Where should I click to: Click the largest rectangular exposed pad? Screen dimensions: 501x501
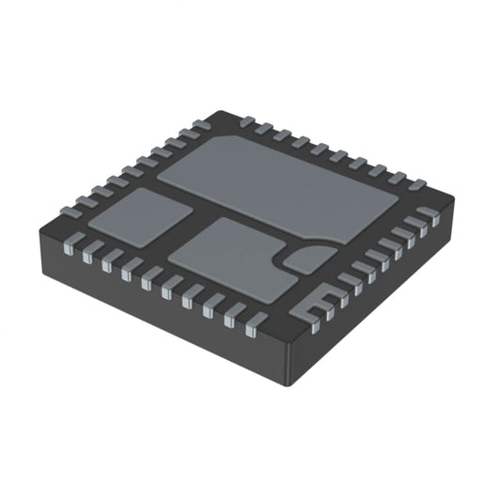282,183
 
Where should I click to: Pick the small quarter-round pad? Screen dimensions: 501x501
307,258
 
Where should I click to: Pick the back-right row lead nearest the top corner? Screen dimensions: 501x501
247,121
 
